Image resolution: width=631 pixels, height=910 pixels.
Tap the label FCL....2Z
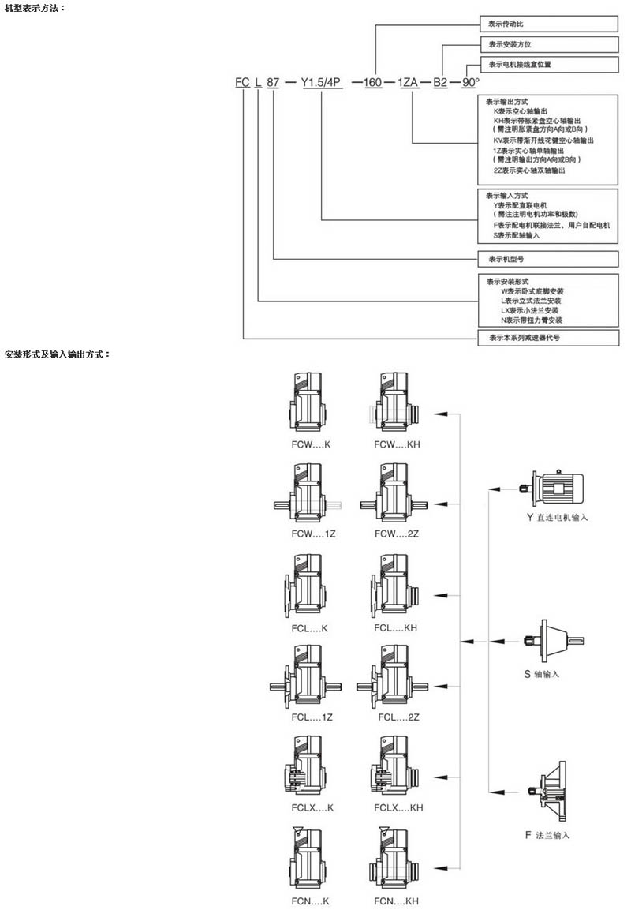[398, 717]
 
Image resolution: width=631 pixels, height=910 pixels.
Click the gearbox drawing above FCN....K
[308, 858]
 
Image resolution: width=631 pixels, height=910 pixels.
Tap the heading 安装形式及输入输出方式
[57, 354]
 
